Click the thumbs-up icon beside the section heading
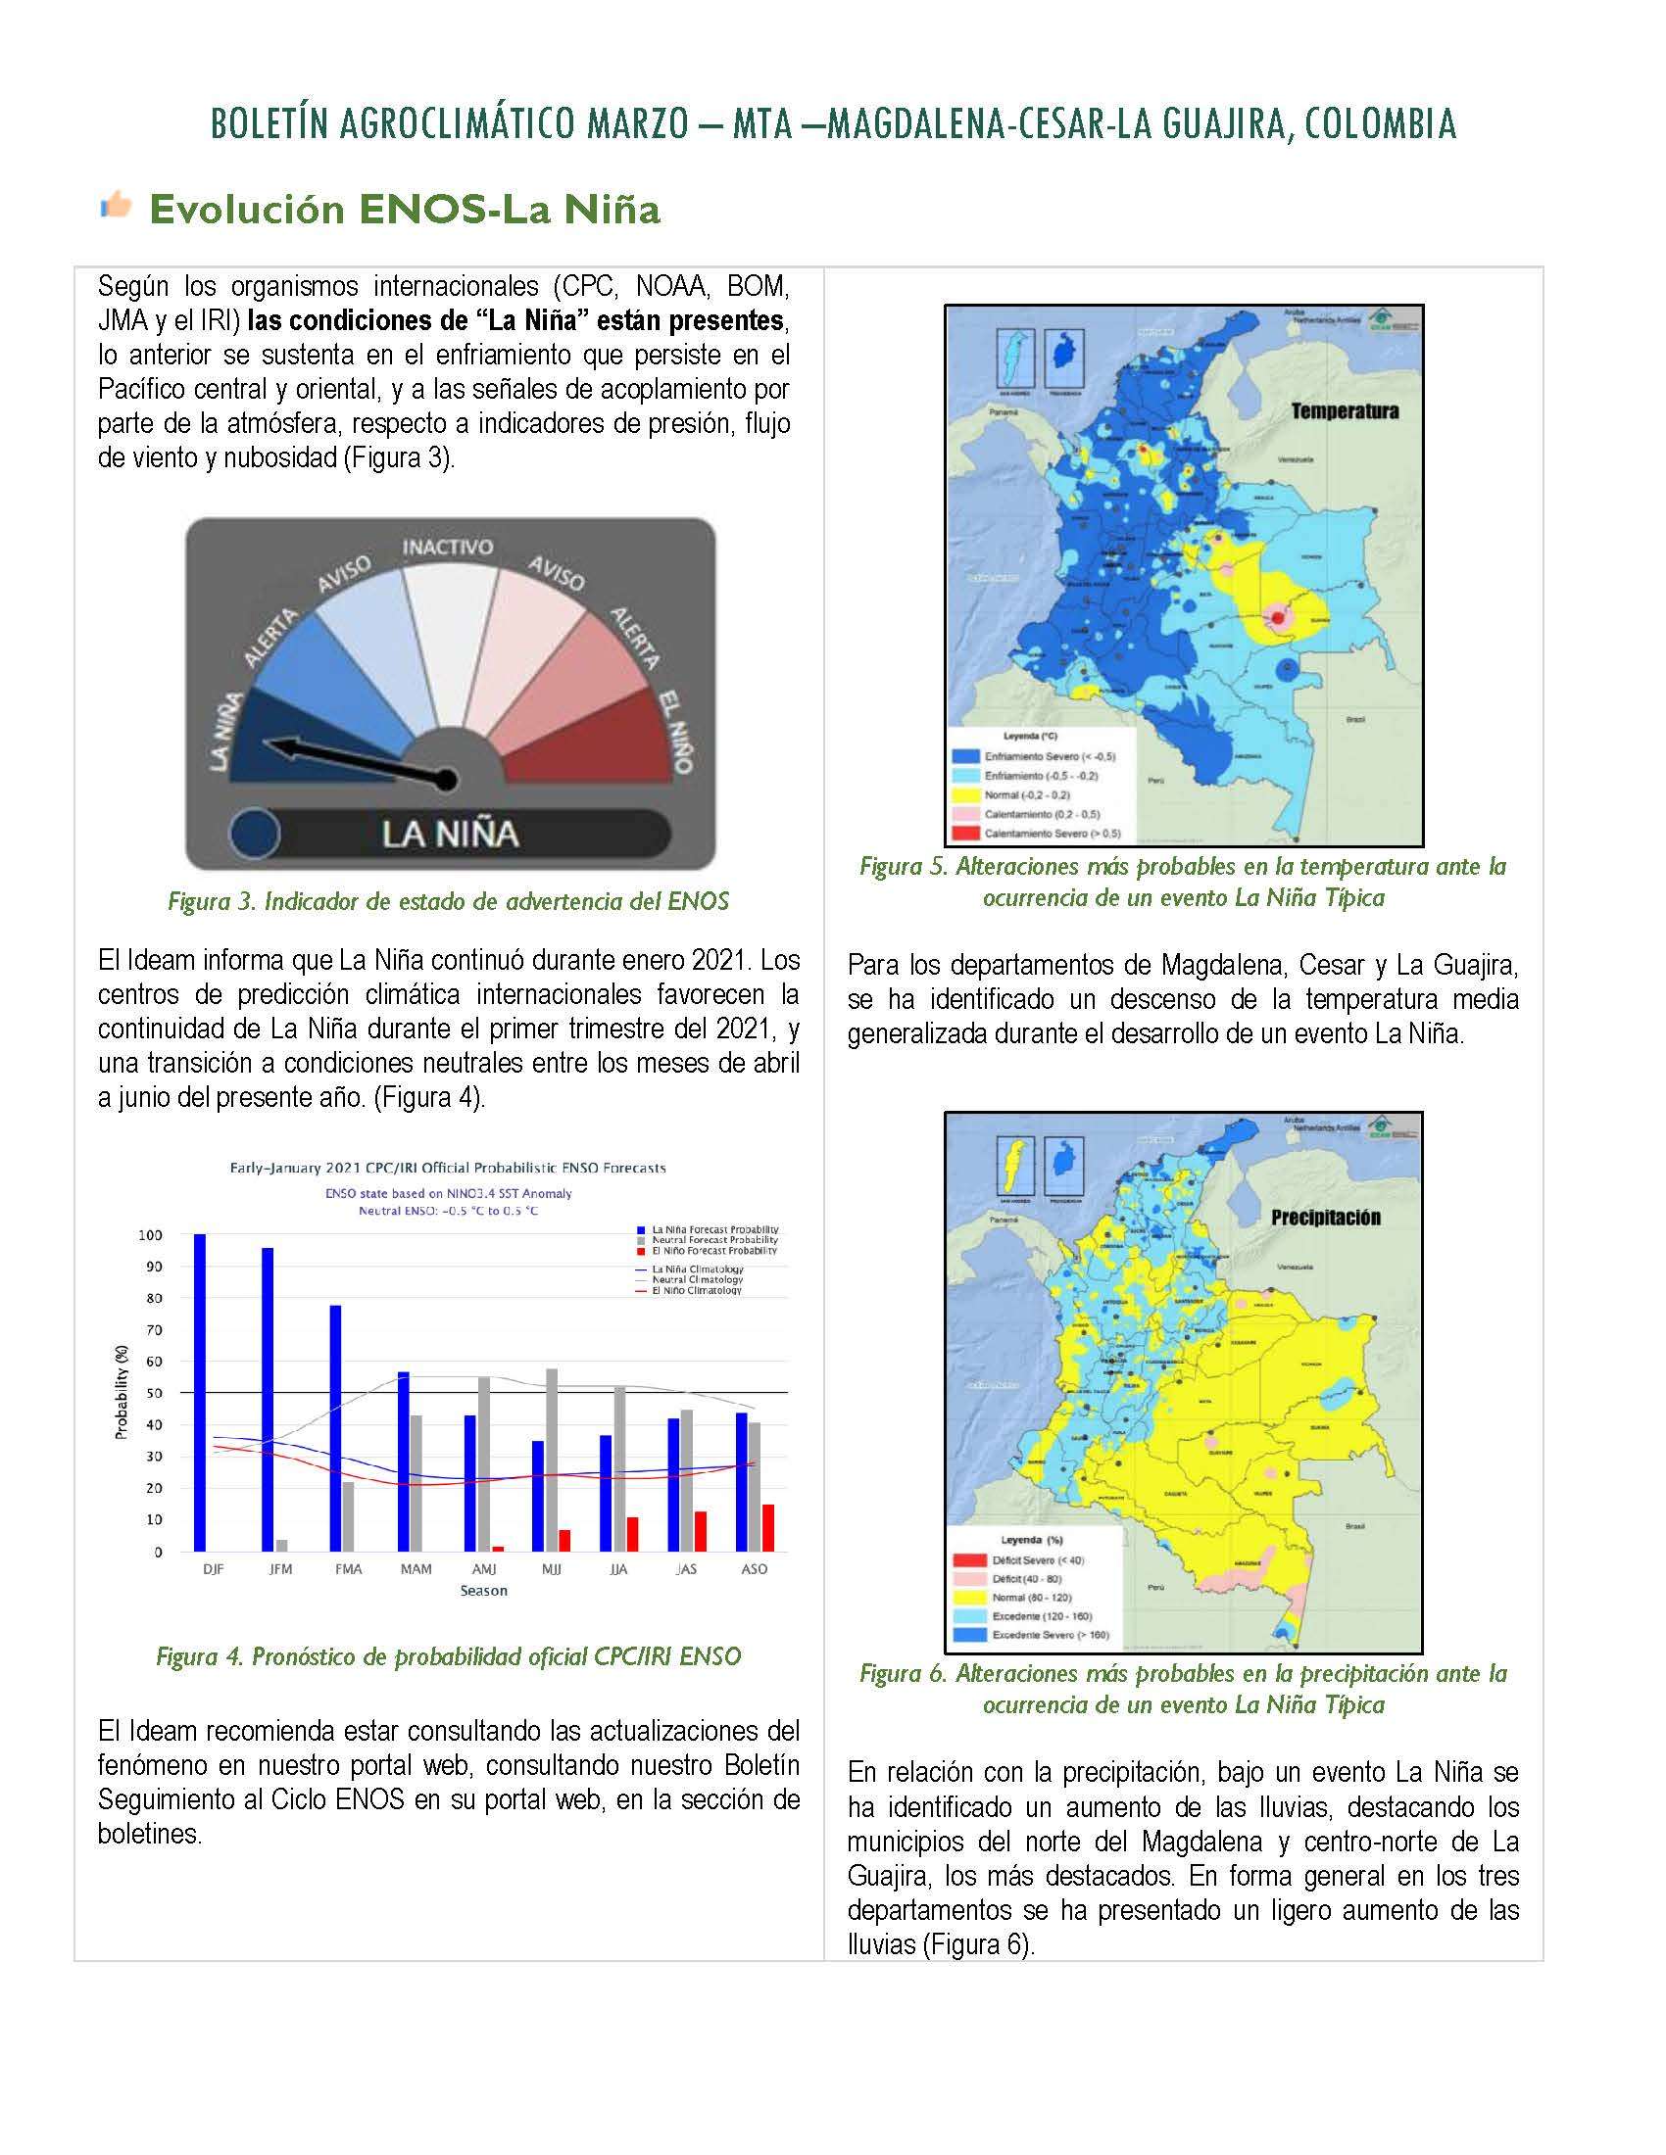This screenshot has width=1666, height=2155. pyautogui.click(x=117, y=206)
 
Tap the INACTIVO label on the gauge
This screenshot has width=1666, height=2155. pyautogui.click(x=447, y=547)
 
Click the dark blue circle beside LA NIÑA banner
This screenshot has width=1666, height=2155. pyautogui.click(x=255, y=833)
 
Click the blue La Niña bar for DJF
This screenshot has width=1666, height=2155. pyautogui.click(x=200, y=1392)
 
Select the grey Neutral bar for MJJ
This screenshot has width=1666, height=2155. pyautogui.click(x=551, y=1460)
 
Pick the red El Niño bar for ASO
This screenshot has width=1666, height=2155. pyautogui.click(x=768, y=1527)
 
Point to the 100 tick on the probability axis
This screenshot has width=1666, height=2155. pyautogui.click(x=150, y=1234)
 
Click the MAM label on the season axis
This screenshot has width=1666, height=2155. pyautogui.click(x=416, y=1569)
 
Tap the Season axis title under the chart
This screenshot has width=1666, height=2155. pyautogui.click(x=483, y=1591)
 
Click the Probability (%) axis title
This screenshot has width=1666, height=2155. pyautogui.click(x=122, y=1391)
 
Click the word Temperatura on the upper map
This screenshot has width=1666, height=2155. pyautogui.click(x=1345, y=411)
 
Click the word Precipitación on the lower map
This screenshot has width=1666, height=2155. pyautogui.click(x=1325, y=1218)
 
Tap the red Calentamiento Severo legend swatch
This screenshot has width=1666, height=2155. pyautogui.click(x=964, y=833)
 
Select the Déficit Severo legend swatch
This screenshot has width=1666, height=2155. pyautogui.click(x=968, y=1560)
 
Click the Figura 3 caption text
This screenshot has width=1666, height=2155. pyautogui.click(x=448, y=901)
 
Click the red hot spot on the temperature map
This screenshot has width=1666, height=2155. pyautogui.click(x=1277, y=618)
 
